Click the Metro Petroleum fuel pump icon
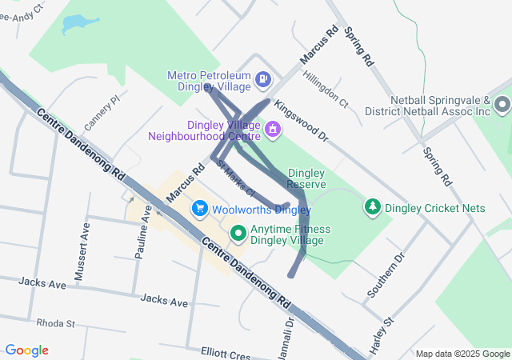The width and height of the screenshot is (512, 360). point(264,79)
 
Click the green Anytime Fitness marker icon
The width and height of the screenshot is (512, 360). point(238,234)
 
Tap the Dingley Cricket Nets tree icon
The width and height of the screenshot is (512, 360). point(372,208)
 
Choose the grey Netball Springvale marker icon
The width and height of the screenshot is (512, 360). point(502,105)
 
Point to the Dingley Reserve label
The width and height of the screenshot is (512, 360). point(306,178)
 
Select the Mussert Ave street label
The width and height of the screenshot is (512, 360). point(80,252)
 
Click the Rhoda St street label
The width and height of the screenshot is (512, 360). point(54,323)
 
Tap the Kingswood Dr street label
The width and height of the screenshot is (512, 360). point(301,121)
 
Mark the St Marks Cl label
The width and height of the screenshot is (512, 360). point(235,178)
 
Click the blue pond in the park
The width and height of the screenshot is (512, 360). point(74,23)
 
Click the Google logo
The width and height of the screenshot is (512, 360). point(26,350)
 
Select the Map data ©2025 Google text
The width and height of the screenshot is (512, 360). point(462,354)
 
